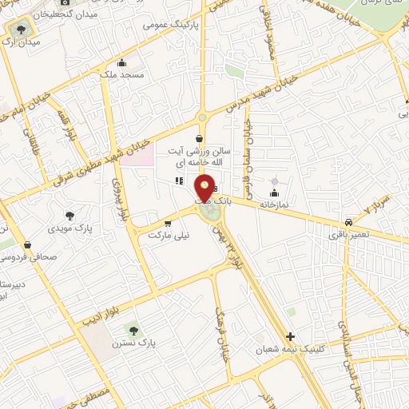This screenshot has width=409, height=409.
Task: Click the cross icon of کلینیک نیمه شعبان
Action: coord(290,336)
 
